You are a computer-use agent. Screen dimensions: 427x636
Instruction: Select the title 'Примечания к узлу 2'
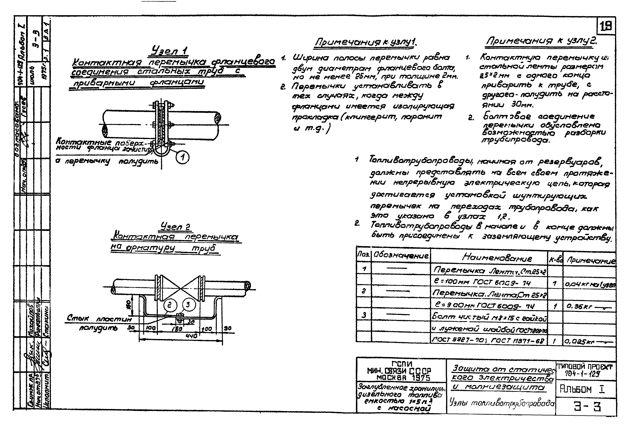pyautogui.click(x=541, y=41)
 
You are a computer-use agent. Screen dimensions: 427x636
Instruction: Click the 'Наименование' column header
pyautogui.click(x=497, y=258)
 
